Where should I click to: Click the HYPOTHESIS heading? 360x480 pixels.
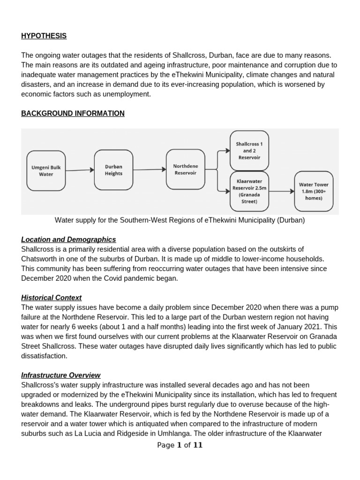click(44, 36)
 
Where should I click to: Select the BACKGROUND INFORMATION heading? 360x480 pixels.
click(73, 113)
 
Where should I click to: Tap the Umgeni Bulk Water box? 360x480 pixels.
click(46, 171)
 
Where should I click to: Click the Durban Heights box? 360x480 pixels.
click(113, 170)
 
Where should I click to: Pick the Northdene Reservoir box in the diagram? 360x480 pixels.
click(185, 169)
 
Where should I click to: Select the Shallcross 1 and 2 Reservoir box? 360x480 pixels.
click(249, 150)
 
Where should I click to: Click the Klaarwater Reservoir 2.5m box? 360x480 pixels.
click(249, 191)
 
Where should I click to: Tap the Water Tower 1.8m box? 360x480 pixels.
click(314, 191)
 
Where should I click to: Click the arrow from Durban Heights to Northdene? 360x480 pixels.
click(149, 170)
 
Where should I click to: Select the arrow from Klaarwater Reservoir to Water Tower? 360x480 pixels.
click(281, 191)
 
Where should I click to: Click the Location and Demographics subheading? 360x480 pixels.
click(68, 240)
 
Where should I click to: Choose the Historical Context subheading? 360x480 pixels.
click(52, 298)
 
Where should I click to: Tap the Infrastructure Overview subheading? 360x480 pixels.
click(61, 375)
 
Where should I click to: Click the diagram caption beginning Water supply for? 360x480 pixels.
click(180, 220)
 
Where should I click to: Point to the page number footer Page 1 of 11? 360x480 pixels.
click(180, 445)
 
